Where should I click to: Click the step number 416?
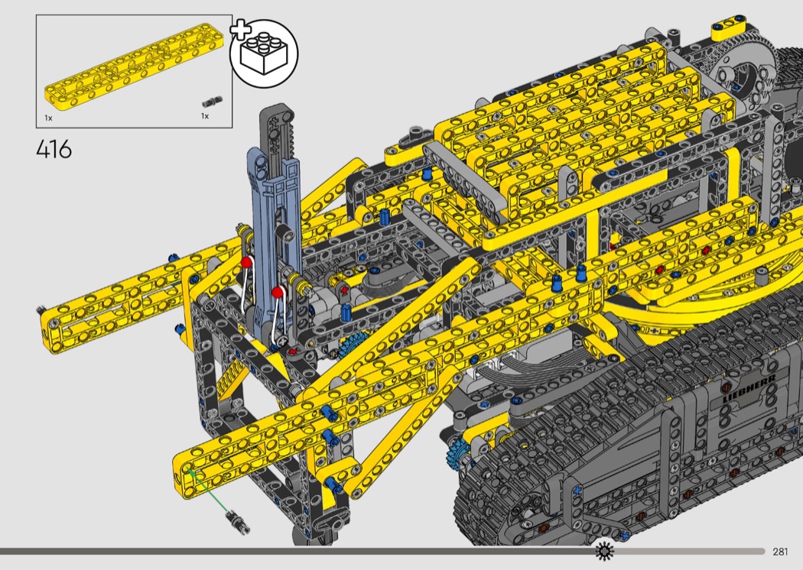54,150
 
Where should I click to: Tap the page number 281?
780,552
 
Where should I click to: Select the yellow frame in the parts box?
134,64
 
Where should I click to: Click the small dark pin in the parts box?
213,102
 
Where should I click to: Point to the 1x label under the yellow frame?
48,118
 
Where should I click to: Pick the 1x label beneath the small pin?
205,117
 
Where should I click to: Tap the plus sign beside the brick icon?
240,30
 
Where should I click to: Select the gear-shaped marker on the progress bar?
604,551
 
